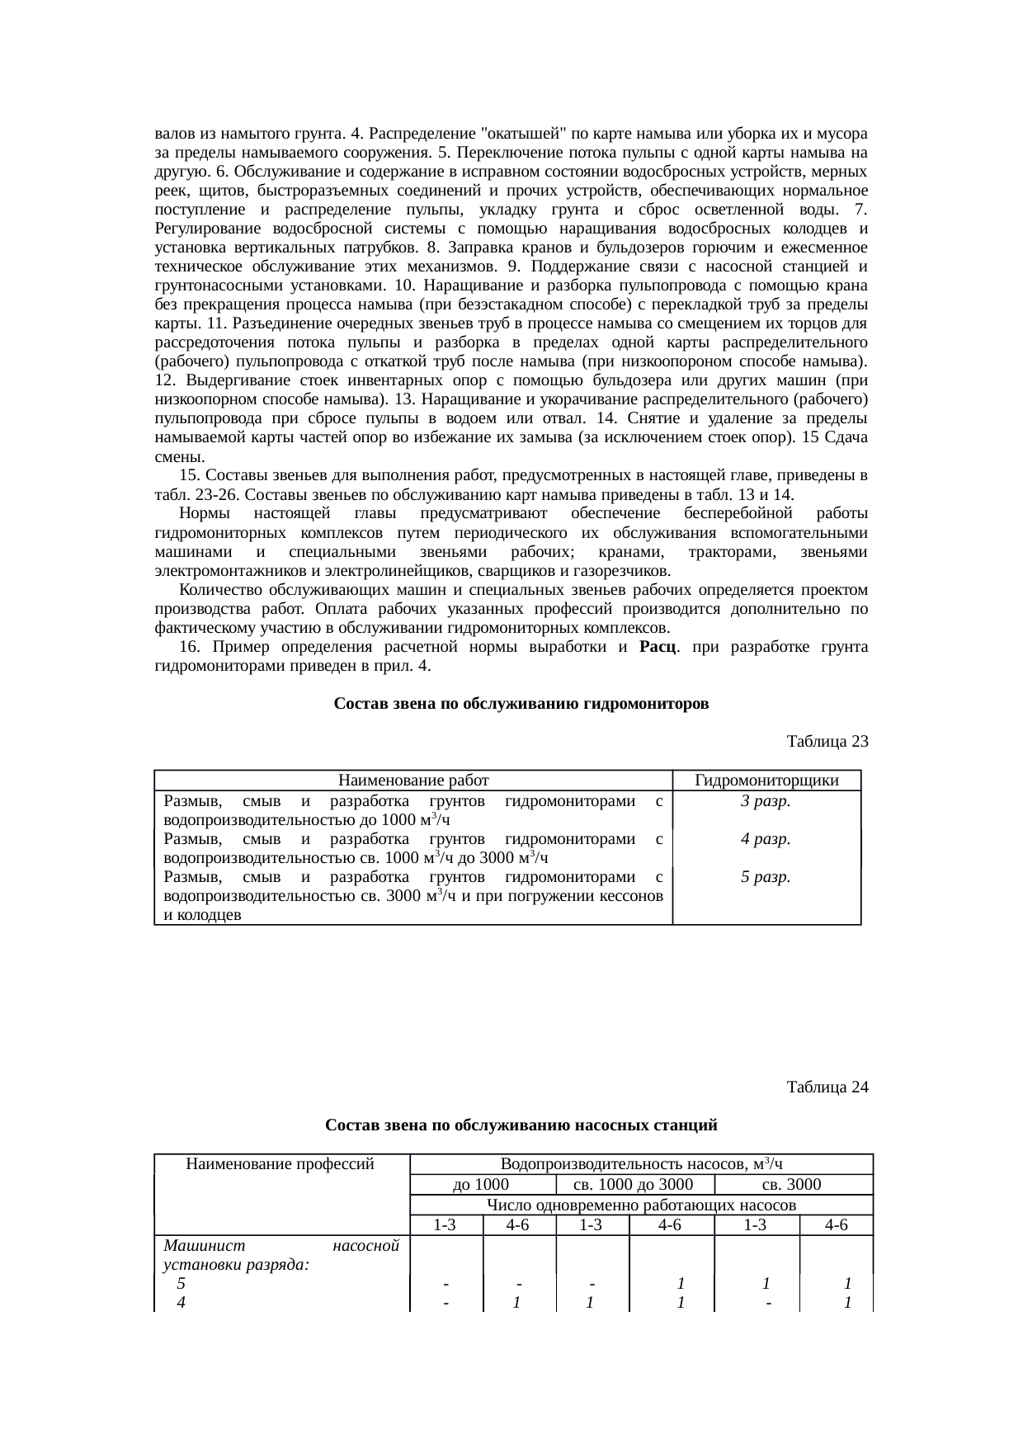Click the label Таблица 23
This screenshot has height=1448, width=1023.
827,741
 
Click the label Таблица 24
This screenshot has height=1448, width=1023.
827,1087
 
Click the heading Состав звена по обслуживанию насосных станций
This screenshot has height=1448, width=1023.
521,1125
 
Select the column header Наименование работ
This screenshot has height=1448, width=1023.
414,781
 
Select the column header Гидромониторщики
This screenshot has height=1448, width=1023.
766,781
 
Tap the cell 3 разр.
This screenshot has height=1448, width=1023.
766,800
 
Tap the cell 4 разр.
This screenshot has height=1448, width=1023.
766,838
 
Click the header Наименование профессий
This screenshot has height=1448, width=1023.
280,1164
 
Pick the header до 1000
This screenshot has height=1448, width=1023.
482,1185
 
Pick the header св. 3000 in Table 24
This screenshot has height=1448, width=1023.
791,1185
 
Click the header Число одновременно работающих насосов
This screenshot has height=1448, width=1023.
641,1205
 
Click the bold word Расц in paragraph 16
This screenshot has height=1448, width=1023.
658,647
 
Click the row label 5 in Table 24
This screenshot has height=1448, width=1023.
181,1284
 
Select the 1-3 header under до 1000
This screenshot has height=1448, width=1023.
445,1225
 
